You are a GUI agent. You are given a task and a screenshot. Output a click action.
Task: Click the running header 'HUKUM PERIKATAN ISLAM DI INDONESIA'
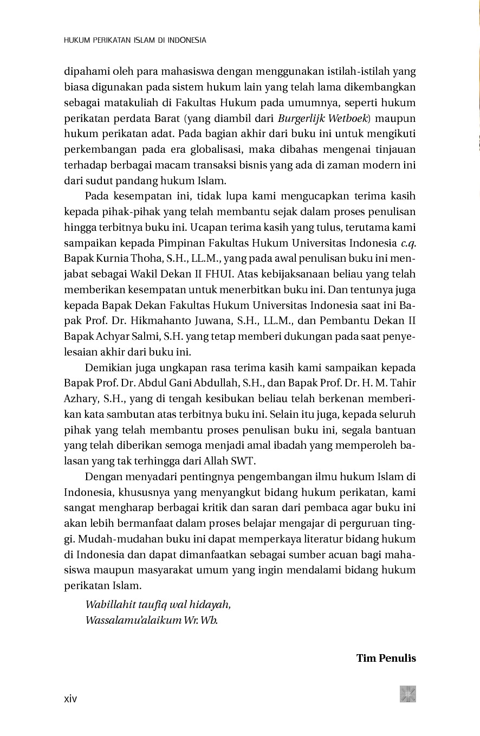pos(135,40)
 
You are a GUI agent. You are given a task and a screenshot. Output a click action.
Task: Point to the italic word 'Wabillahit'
pos(110,605)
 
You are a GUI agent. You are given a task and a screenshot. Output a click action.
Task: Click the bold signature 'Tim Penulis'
pos(386,658)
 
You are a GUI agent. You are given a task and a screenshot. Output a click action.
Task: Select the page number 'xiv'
pos(70,699)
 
